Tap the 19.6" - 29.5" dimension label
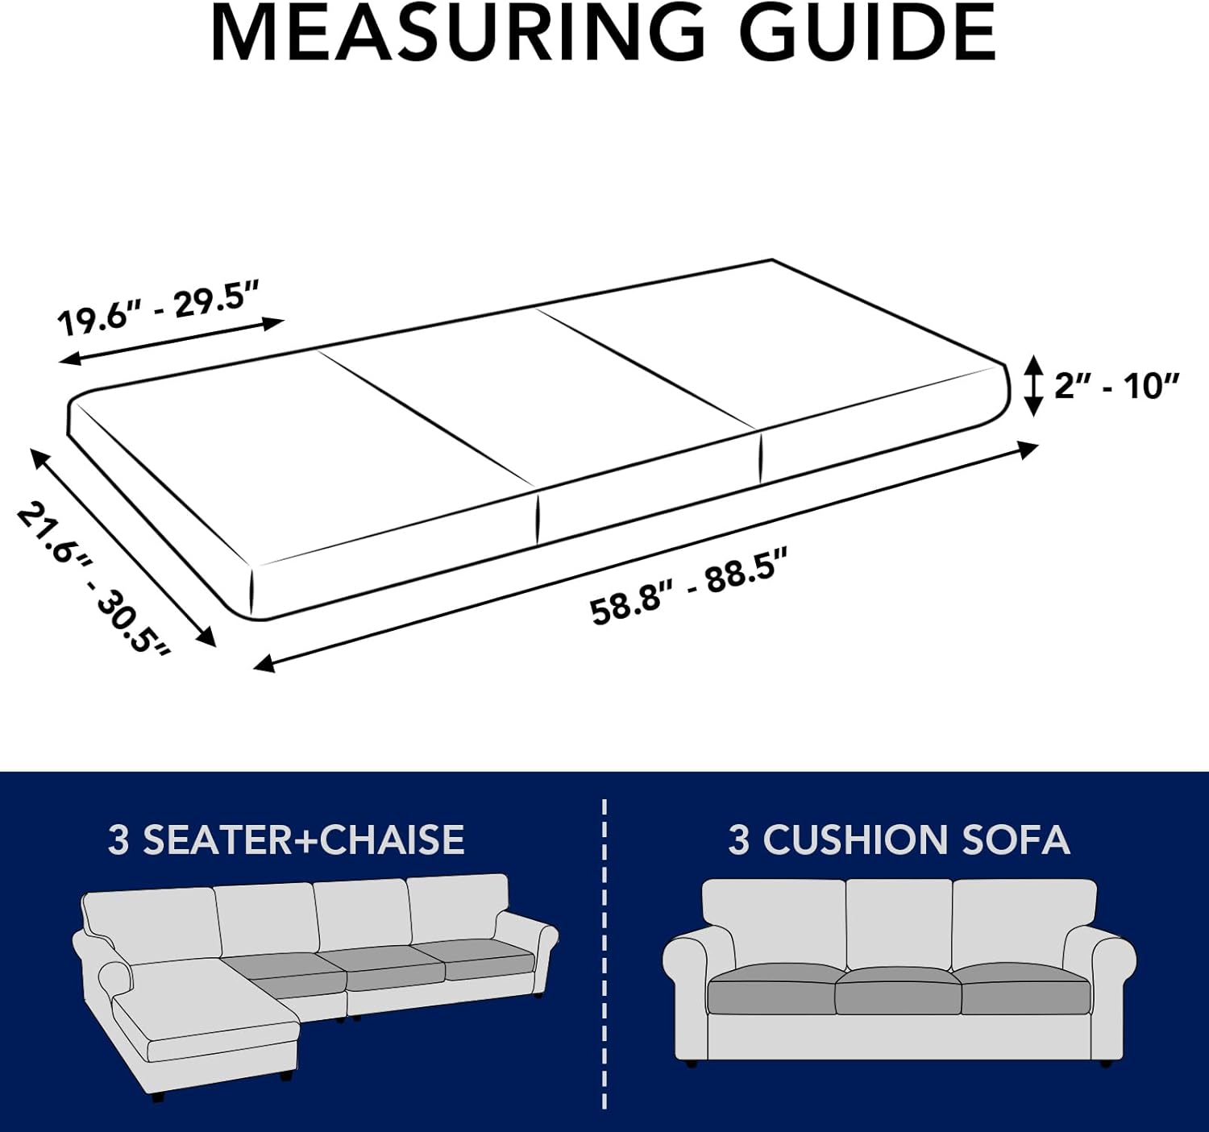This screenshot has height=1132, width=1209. [x=159, y=307]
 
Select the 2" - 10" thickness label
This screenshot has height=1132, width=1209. [x=1116, y=386]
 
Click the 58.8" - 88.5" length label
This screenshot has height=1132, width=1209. [x=688, y=585]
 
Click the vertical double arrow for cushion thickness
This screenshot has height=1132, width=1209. [x=1032, y=386]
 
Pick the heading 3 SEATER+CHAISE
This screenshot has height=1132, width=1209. [x=286, y=840]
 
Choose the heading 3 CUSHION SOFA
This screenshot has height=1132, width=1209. [x=899, y=840]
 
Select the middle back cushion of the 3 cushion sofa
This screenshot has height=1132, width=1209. [x=899, y=924]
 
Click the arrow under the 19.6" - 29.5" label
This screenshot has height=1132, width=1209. [x=172, y=342]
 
